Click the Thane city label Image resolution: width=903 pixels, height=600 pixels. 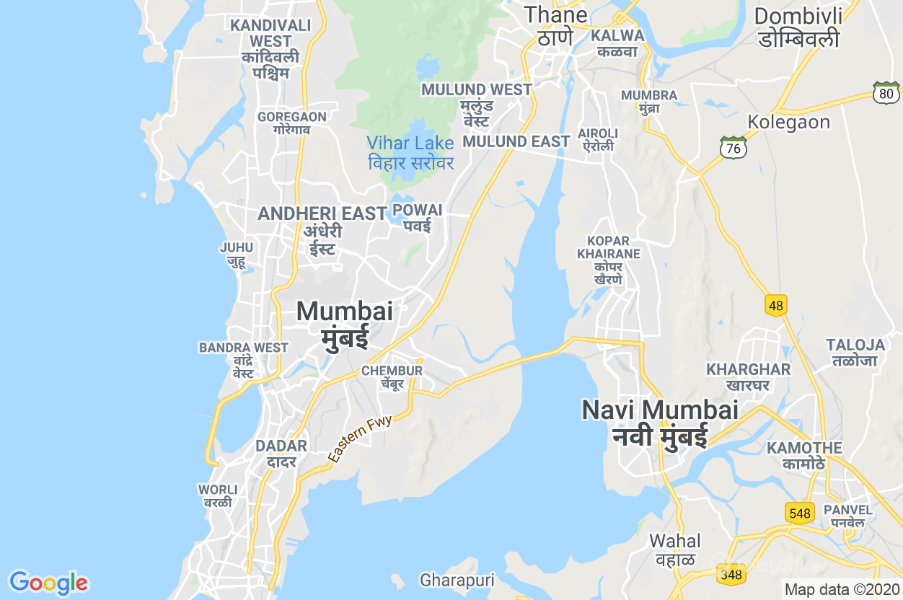(555, 25)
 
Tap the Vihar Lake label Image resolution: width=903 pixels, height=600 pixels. (410, 153)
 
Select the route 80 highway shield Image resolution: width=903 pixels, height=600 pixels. (886, 92)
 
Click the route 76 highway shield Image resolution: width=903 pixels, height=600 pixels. (733, 147)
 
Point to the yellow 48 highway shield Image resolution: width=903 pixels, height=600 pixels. (775, 306)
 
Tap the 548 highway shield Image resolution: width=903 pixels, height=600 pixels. (800, 513)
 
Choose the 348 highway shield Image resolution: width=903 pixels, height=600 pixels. (731, 575)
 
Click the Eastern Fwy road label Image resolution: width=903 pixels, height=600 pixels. (360, 438)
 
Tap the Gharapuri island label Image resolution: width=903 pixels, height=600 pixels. (457, 581)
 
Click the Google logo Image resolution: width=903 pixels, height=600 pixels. (48, 583)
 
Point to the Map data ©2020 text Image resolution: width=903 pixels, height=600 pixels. (842, 589)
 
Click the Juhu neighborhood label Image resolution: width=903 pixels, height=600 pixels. (237, 255)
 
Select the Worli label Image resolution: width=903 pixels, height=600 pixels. (217, 496)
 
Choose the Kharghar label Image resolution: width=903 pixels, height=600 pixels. (748, 376)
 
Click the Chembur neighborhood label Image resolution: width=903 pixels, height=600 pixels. (392, 377)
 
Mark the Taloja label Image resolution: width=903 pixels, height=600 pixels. (855, 352)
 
